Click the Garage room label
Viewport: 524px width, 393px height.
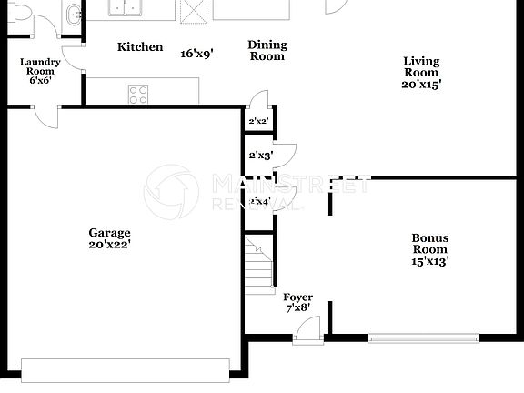pos(109,232)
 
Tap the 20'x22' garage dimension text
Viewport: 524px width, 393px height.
pos(109,245)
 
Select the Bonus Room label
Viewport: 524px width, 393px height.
pos(430,244)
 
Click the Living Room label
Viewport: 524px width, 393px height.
pos(421,67)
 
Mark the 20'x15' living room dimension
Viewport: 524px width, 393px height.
pos(421,85)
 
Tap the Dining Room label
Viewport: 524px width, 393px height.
pos(267,51)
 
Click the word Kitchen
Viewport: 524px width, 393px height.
pos(140,47)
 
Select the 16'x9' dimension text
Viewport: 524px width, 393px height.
pos(196,54)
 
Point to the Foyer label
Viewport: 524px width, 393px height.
pos(297,297)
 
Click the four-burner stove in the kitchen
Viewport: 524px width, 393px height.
pos(138,93)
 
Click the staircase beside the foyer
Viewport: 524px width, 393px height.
pos(259,263)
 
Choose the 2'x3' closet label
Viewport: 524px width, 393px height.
pos(261,156)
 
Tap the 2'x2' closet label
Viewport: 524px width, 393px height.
pos(259,120)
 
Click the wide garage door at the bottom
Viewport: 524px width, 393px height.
pos(126,370)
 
